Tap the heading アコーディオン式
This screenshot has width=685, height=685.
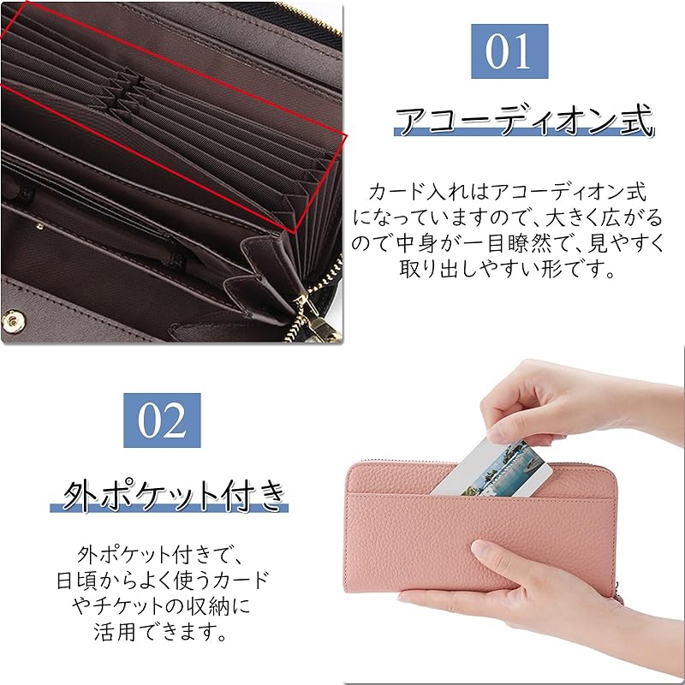pyautogui.click(x=522, y=121)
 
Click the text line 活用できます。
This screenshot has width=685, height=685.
pyautogui.click(x=161, y=633)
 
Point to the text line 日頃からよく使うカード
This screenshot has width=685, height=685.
pyautogui.click(x=161, y=580)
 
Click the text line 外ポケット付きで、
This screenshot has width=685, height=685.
pyautogui.click(x=161, y=552)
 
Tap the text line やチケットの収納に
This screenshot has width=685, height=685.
pyautogui.click(x=161, y=606)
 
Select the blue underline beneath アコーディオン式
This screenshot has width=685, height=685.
pyautogui.click(x=522, y=134)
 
